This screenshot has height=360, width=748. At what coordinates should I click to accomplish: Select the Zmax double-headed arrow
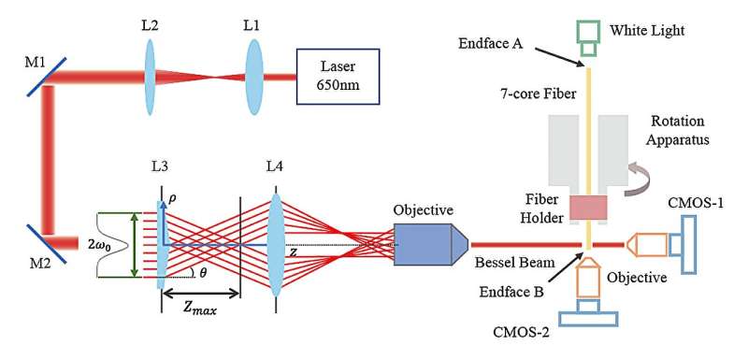pyautogui.click(x=200, y=292)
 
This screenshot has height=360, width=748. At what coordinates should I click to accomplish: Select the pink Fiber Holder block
pyautogui.click(x=589, y=208)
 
